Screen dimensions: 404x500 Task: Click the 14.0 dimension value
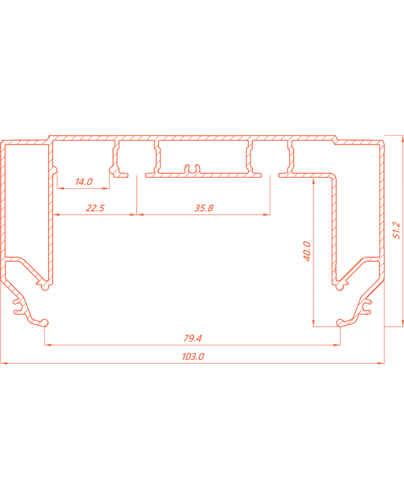[x=84, y=182]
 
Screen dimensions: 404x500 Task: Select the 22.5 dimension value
[x=95, y=208]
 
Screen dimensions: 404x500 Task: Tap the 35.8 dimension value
[x=204, y=208]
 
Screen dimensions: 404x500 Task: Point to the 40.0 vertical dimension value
[x=307, y=251]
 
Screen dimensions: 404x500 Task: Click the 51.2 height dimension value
[x=396, y=230]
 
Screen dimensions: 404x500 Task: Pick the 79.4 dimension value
[x=192, y=338]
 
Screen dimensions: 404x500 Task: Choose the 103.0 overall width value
[x=193, y=357]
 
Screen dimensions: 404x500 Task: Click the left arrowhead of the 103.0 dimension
[x=4, y=363]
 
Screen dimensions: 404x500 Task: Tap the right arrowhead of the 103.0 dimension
[x=380, y=363]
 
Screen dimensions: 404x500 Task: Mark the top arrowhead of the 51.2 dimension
[x=403, y=138]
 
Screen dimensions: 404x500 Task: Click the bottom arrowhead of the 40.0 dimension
[x=313, y=323]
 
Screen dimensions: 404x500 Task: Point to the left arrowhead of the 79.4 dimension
[x=48, y=345]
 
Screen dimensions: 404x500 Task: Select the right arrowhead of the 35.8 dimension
[x=266, y=215]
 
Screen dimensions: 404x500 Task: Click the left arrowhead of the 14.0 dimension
[x=61, y=188]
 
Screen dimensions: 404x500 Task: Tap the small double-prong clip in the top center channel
[x=193, y=169]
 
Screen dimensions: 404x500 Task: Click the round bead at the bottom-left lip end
[x=45, y=323]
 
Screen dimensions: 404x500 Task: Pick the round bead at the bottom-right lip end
[x=340, y=323]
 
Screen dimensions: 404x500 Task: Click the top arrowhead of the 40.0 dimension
[x=313, y=182]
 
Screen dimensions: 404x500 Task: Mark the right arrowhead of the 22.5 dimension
[x=133, y=215]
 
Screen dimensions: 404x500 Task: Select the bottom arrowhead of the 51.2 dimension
[x=403, y=323]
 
